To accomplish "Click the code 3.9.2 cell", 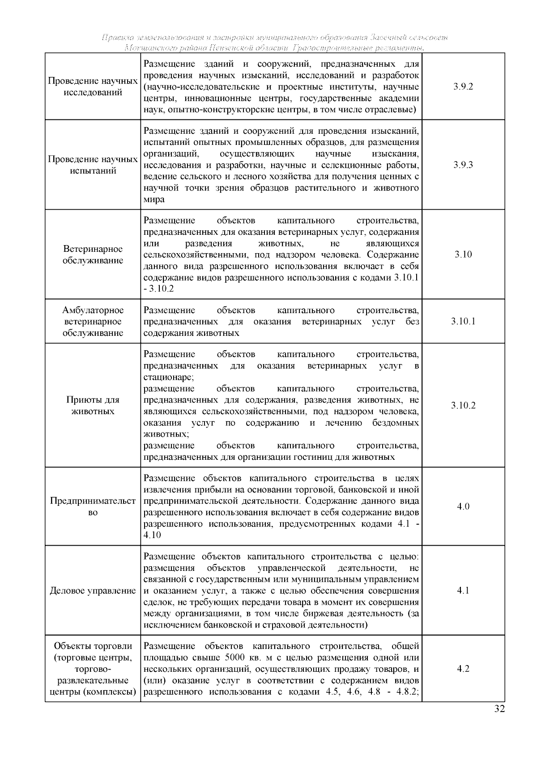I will tap(463, 87).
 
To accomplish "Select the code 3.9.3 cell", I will tap(463, 165).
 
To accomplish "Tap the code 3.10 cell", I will tap(463, 254).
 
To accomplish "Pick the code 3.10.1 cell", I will tap(463, 321).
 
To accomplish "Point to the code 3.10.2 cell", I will tap(463, 406).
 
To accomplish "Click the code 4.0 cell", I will tap(463, 507).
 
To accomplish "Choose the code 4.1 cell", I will tap(463, 590).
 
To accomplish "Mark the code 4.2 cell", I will tap(463, 669).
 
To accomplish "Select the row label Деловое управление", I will tap(93, 591).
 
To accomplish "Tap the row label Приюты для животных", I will tap(93, 406).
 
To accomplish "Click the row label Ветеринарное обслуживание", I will tap(93, 254).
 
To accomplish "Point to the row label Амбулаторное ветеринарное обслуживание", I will tap(93, 321).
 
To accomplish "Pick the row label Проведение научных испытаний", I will tap(93, 165).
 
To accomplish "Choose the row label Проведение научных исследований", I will tap(93, 87).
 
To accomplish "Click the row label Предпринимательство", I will tap(93, 507).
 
